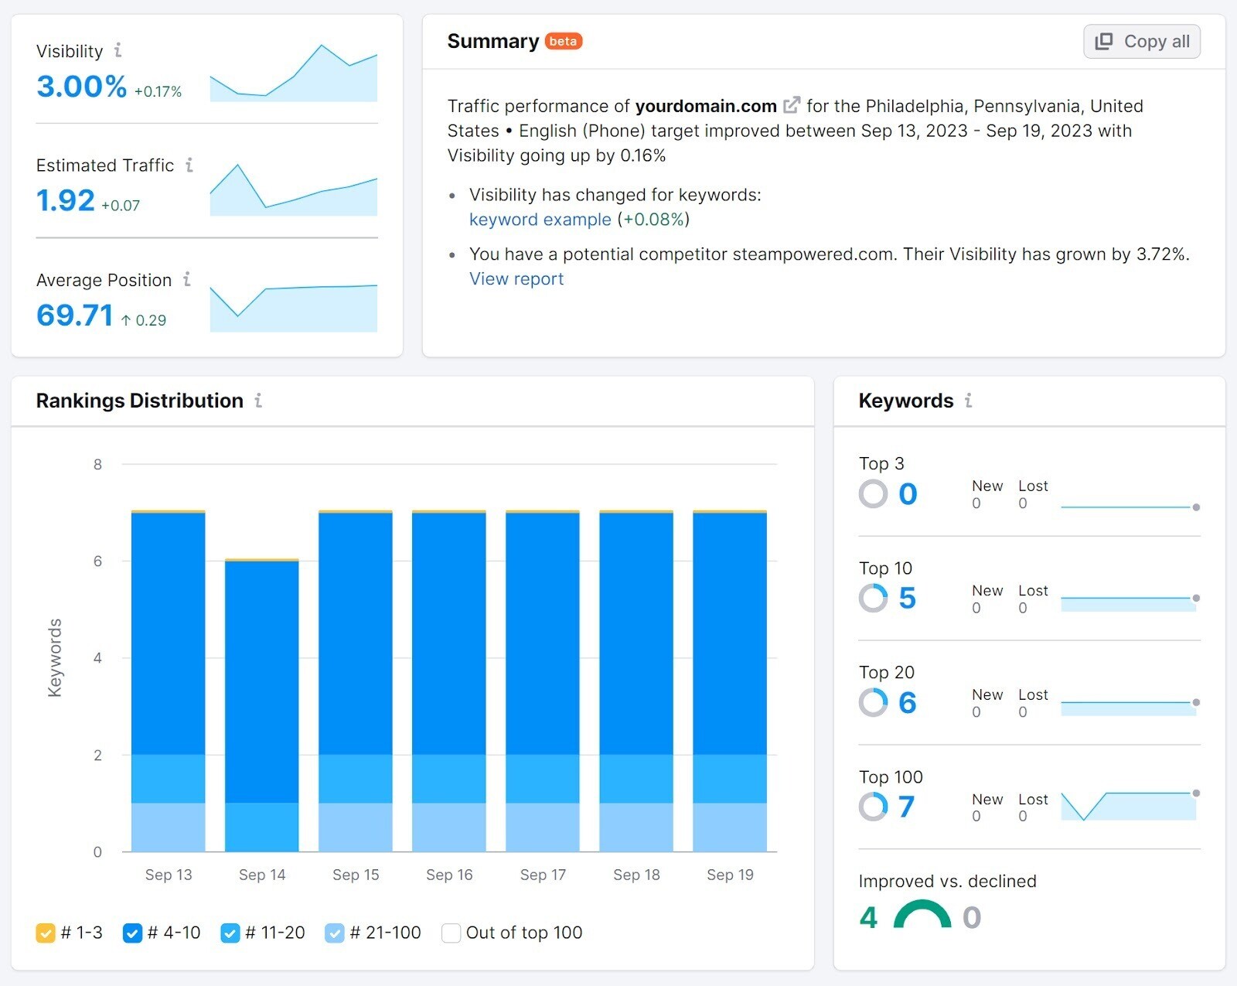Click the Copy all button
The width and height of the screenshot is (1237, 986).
click(x=1141, y=42)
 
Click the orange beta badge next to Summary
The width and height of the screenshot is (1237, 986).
click(x=563, y=41)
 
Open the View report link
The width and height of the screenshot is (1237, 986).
click(x=516, y=279)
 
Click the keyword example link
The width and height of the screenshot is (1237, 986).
click(x=540, y=220)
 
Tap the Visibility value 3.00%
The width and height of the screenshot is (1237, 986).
click(x=81, y=87)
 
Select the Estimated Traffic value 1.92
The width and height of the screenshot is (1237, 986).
click(x=66, y=201)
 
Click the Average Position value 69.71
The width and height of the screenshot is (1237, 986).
click(x=74, y=316)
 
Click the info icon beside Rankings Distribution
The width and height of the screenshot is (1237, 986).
click(x=258, y=401)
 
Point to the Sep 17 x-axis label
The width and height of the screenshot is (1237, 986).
click(x=543, y=875)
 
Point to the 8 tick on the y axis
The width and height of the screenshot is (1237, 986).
click(x=97, y=465)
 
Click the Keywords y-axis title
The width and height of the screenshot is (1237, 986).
click(x=54, y=657)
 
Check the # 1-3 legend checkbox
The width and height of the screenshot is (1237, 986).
click(x=46, y=933)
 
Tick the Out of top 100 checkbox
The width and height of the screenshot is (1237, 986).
click(x=451, y=933)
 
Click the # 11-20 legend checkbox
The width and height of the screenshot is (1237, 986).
click(x=230, y=933)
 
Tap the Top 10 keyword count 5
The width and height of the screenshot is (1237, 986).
click(x=907, y=599)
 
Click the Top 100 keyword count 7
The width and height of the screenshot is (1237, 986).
click(x=906, y=807)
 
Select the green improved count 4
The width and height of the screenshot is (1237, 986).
click(x=868, y=918)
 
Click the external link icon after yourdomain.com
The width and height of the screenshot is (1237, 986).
click(x=792, y=105)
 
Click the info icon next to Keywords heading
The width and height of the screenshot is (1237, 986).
click(x=968, y=401)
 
